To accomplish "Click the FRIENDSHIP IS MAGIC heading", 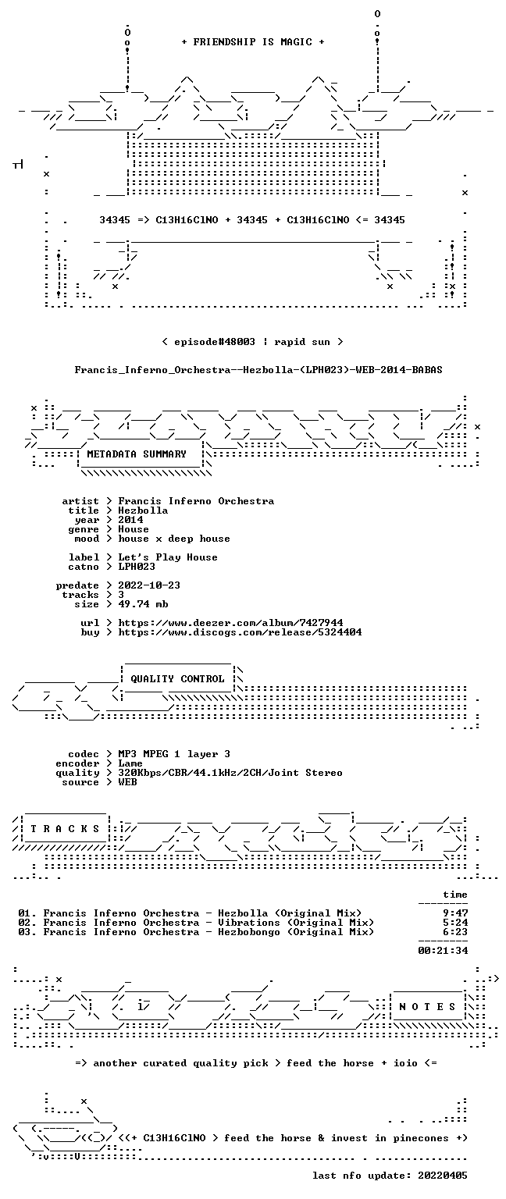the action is point(253,41).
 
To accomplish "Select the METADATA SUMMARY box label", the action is point(137,454).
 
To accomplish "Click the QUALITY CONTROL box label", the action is point(177,678).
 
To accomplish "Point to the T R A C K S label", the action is point(65,828).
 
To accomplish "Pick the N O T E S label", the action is point(427,1007).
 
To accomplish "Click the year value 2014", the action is point(130,520).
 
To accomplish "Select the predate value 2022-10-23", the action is point(149,585).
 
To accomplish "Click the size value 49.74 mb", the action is point(143,603).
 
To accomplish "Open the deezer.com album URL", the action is point(231,622).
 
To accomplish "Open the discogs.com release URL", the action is point(240,632).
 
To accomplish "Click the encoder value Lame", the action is point(130,763).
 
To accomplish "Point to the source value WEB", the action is point(127,782).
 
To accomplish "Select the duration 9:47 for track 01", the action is point(455,913).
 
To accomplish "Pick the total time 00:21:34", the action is point(443,951).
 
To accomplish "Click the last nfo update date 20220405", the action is point(443,1176).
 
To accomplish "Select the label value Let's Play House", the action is point(168,557).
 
